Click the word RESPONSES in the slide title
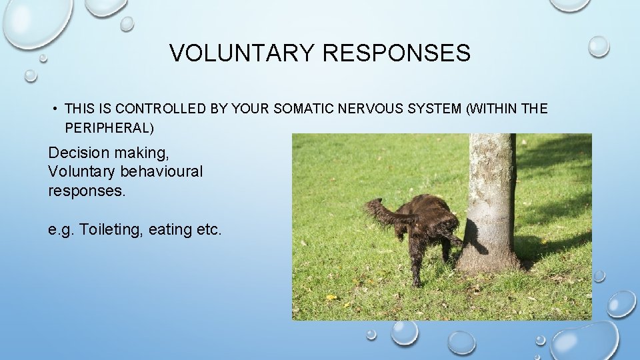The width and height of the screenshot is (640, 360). pos(397,53)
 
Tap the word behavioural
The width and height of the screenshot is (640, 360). pos(161,171)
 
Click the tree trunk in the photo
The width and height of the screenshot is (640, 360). pos(492,200)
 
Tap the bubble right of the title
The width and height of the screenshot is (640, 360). pos(599,45)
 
